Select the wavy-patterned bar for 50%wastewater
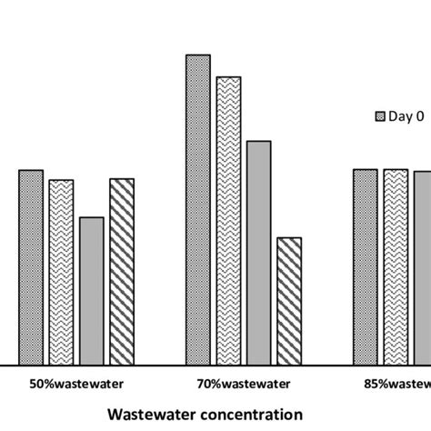pos(61,272)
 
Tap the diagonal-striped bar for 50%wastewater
pos(121,271)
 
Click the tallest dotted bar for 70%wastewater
pos(198,210)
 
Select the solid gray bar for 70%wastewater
pos(258,253)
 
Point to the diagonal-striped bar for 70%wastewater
pos(288,301)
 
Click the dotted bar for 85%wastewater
pos(366,266)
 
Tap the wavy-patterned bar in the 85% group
pos(396,266)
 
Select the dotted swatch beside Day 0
pos(382,116)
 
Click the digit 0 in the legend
pos(421,116)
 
